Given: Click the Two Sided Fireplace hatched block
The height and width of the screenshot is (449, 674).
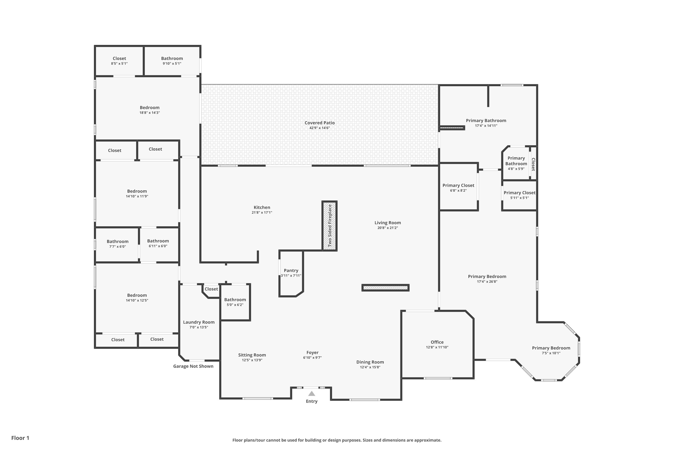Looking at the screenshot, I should pyautogui.click(x=329, y=226).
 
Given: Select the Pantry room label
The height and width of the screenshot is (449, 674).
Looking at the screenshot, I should pyautogui.click(x=291, y=270).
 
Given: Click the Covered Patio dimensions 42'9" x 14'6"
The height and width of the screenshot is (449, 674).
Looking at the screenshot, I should pyautogui.click(x=319, y=128).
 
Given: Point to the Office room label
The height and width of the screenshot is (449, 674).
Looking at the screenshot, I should pyautogui.click(x=437, y=342).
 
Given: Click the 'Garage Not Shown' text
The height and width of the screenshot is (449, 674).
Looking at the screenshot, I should pyautogui.click(x=193, y=366).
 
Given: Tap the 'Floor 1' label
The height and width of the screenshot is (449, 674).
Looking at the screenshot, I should pyautogui.click(x=20, y=438).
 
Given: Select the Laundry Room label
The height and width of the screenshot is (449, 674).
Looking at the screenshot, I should pyautogui.click(x=199, y=322).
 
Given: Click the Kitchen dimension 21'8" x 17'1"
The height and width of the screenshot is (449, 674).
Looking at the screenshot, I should pyautogui.click(x=262, y=212).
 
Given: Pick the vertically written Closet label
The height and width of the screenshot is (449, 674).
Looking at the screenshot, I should pyautogui.click(x=533, y=164).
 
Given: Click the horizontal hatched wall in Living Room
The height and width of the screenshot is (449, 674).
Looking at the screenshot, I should pyautogui.click(x=386, y=288).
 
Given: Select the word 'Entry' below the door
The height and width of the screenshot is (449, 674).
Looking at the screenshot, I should pyautogui.click(x=311, y=401).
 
